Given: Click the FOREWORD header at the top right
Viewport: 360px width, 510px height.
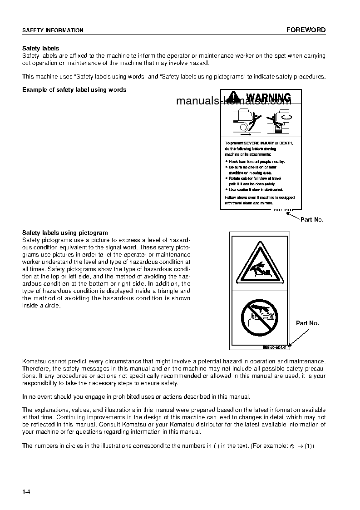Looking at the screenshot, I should coord(306,30).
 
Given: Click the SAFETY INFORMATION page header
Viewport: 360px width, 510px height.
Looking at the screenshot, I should coord(53,30).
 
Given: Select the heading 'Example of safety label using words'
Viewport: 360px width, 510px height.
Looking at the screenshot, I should coord(74,89).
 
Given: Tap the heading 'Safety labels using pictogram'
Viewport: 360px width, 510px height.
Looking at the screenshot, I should coord(65,233).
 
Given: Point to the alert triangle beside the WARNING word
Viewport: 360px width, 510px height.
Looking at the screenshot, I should coord(234,97).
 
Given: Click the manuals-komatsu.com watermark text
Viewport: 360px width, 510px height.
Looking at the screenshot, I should coord(233,101).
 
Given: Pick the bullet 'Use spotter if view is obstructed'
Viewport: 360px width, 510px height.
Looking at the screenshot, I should coord(256,189).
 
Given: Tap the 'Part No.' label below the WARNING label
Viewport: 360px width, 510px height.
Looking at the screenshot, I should coord(312,219).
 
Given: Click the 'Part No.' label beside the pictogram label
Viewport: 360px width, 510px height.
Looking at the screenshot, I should coord(307,323).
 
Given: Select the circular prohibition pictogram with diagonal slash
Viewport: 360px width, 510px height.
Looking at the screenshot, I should coord(258,318).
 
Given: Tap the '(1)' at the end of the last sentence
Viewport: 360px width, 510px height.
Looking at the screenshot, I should coord(309,446).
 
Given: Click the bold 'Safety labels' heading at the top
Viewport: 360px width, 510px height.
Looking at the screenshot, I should coord(41,48).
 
